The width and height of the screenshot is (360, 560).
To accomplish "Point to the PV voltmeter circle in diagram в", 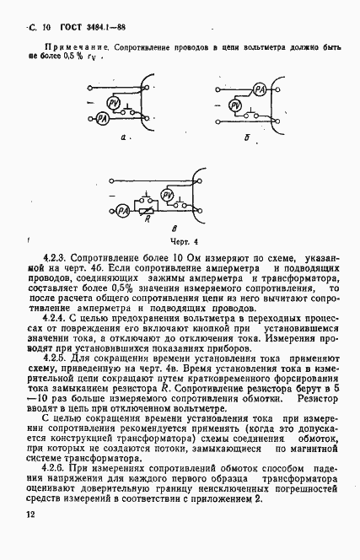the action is point(167,195).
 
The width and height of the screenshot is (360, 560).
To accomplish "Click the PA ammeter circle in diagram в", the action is point(122,209).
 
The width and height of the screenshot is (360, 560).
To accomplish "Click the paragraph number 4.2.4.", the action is point(56,320).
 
